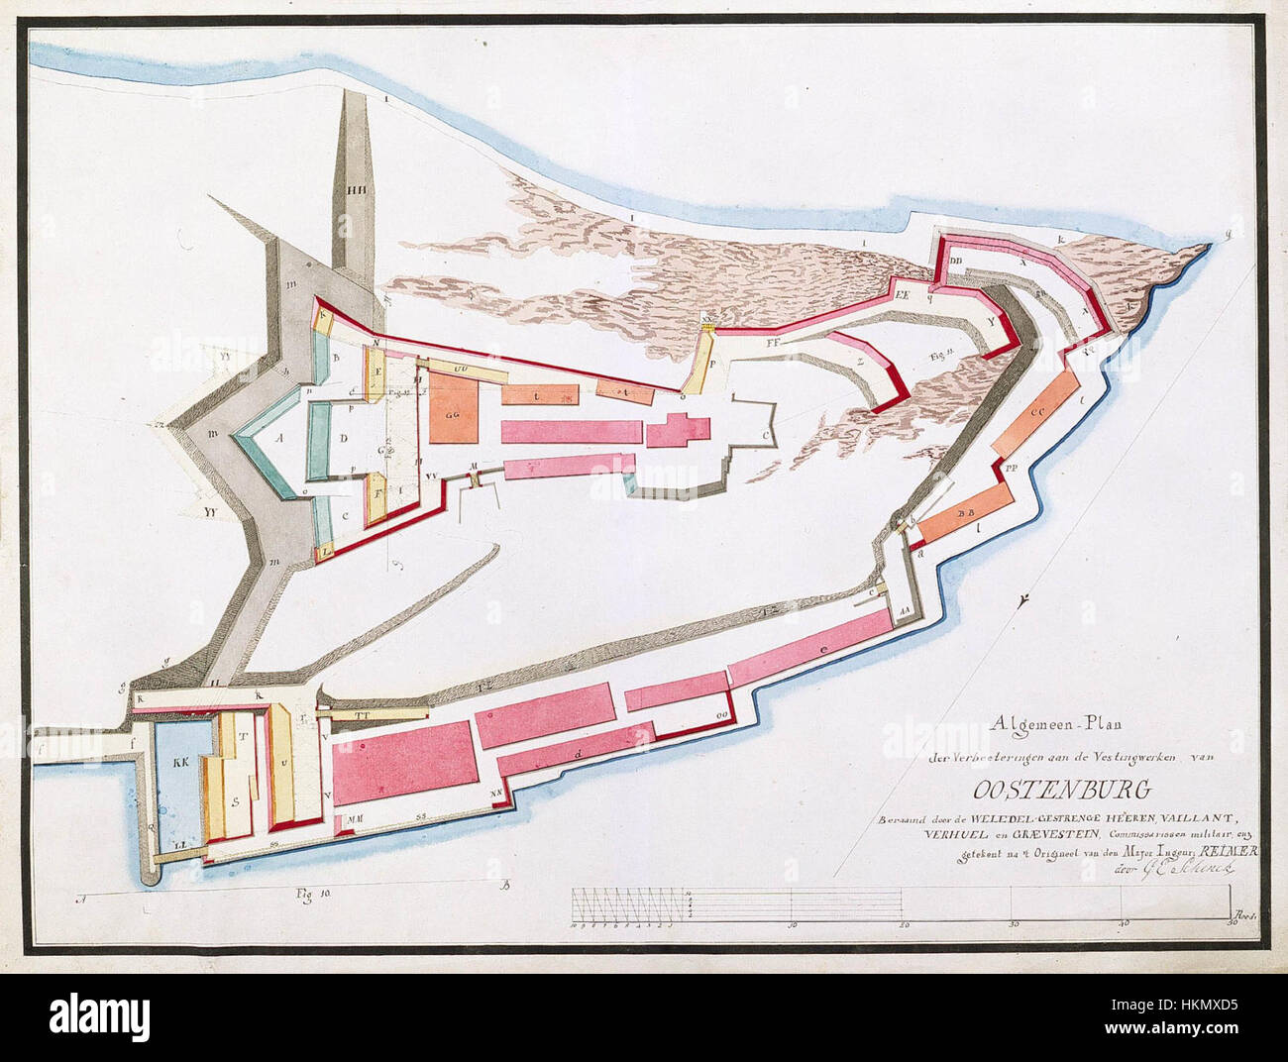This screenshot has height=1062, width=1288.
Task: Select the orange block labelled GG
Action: pos(456,413)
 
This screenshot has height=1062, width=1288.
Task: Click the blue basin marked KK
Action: pos(180,764)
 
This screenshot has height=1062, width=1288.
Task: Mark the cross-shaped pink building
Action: pos(678,431)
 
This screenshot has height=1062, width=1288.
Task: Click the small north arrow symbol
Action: pos(1022,598)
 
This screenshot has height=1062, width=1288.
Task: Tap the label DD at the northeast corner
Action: pos(956,262)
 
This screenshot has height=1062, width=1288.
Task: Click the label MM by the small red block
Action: pos(353,819)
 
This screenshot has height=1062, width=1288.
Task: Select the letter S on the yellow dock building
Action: pos(235,799)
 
